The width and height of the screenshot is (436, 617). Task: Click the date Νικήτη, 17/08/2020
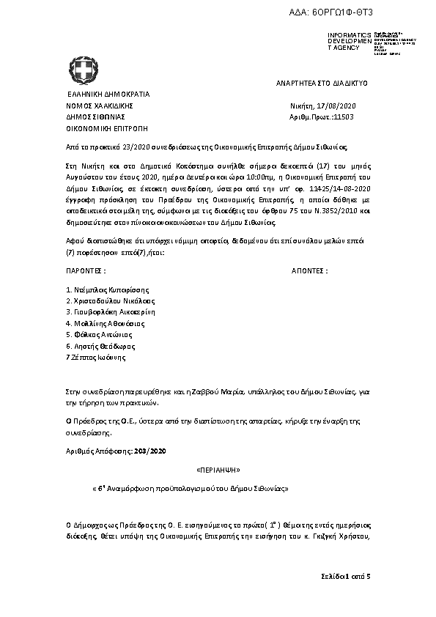(322, 106)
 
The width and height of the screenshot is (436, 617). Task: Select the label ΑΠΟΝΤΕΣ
(310, 270)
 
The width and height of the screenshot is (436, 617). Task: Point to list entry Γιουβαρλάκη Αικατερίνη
(111, 312)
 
